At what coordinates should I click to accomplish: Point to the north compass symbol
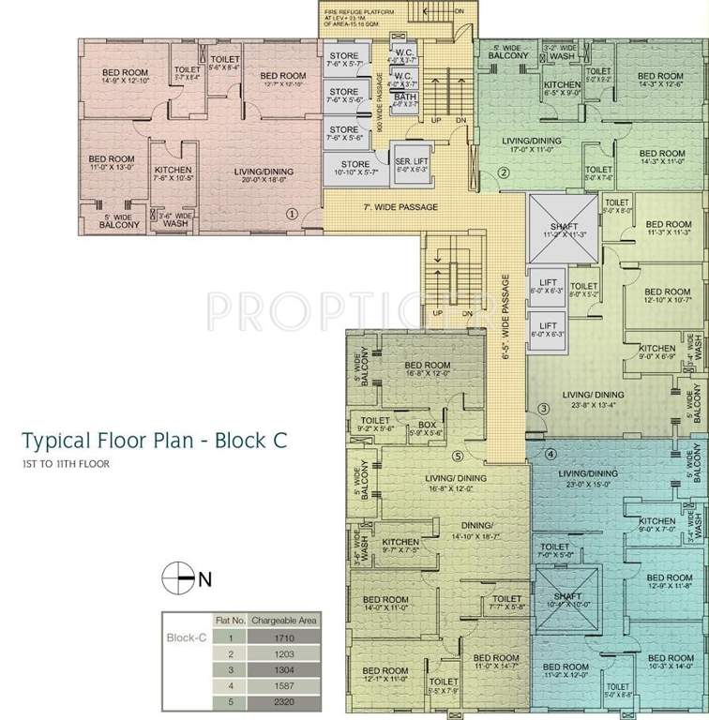click(x=175, y=578)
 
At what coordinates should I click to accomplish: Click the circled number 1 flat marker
click(x=292, y=213)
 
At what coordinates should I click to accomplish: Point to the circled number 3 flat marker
click(x=542, y=409)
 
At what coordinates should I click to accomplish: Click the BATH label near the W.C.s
click(x=405, y=100)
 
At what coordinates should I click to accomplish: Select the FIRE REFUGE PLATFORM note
click(x=362, y=16)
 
